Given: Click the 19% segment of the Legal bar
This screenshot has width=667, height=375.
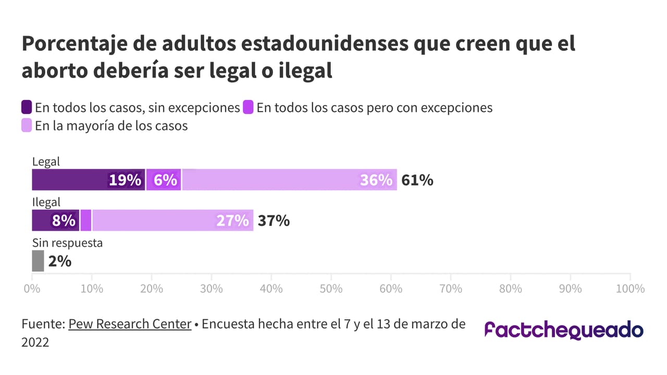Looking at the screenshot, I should (x=89, y=180).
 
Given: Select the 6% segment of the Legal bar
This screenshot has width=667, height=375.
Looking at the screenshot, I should (x=164, y=180).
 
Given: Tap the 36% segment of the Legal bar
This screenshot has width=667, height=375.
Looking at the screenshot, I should (x=289, y=180).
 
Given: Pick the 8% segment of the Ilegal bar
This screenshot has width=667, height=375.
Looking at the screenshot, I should (x=56, y=220).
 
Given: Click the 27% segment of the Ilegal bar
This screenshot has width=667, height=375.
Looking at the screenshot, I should (x=172, y=220).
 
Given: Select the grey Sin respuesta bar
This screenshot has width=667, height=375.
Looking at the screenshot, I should (x=38, y=261).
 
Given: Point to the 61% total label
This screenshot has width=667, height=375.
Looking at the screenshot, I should (x=417, y=180).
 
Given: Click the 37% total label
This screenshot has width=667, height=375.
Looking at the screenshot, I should (x=274, y=221).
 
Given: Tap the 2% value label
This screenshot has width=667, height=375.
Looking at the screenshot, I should (x=59, y=261).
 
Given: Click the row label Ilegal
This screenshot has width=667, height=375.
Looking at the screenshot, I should (x=46, y=202).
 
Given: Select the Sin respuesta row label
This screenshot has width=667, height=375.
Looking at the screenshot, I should (x=67, y=243).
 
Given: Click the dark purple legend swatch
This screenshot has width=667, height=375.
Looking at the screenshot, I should (x=27, y=108).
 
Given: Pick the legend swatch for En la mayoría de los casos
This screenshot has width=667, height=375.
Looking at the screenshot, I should (x=27, y=126).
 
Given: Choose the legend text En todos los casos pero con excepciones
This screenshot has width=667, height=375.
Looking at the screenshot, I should (x=375, y=108).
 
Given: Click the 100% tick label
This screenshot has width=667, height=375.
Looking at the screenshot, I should (x=630, y=288).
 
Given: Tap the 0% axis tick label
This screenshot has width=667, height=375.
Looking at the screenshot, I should (x=32, y=288).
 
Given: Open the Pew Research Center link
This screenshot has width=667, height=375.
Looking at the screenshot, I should (x=130, y=324).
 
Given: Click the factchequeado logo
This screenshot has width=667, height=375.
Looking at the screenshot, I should (x=564, y=330).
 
